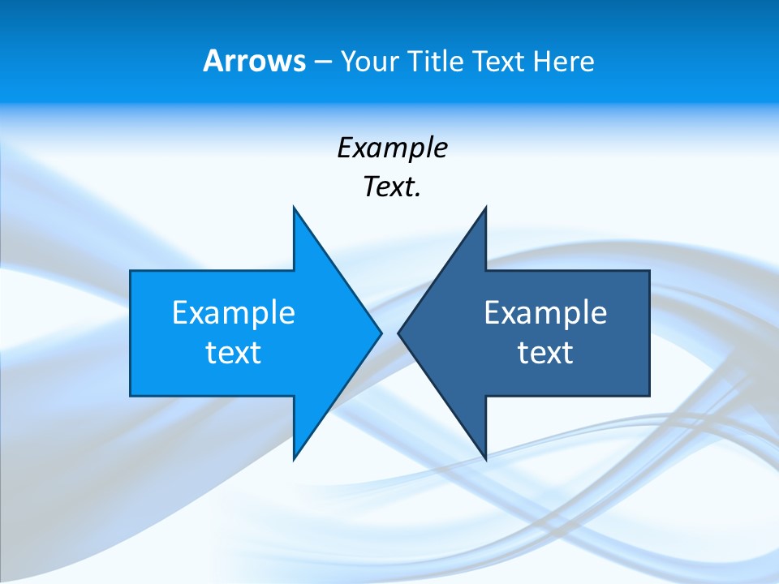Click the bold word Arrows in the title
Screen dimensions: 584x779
pos(254,61)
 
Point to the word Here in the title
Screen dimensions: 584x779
pos(563,61)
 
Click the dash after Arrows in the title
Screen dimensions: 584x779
pos(322,62)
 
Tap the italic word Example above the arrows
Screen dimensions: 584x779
pos(392,148)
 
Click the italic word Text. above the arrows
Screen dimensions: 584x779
pos(392,187)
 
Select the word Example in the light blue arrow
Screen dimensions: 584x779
pos(234,312)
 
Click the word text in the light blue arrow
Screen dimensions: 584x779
pos(234,352)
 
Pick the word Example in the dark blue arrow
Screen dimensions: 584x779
pos(545,312)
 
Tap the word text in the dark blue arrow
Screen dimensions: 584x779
pos(545,352)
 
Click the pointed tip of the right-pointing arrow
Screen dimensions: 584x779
pos(381,333)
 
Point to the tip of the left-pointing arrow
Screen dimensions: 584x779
pos(398,333)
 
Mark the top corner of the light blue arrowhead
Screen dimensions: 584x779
pos(294,207)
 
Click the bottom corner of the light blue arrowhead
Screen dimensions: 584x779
pos(294,459)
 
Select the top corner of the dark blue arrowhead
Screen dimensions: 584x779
pos(486,207)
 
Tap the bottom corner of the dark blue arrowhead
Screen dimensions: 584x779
pos(486,459)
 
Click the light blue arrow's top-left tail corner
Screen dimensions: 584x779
pos(131,271)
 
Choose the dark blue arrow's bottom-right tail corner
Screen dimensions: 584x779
pos(649,395)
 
